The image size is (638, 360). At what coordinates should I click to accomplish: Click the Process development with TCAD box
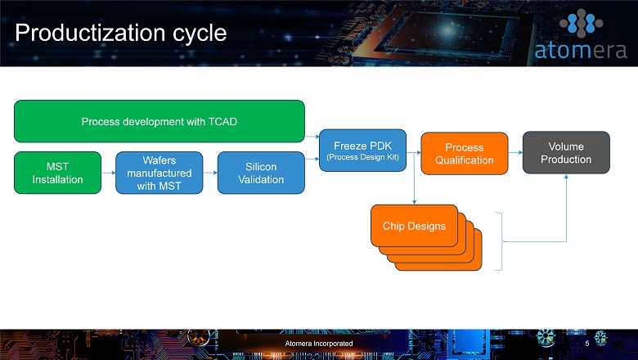click(159, 121)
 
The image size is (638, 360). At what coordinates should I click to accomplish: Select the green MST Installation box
click(57, 173)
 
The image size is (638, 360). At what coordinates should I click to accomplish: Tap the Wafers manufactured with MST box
click(159, 173)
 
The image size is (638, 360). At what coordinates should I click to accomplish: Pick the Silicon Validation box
click(261, 173)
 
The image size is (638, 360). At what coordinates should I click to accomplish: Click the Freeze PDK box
click(362, 151)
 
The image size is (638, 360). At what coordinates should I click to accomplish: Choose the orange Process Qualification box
click(465, 153)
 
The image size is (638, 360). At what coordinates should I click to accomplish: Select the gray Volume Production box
click(566, 152)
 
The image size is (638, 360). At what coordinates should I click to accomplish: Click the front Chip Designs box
click(414, 226)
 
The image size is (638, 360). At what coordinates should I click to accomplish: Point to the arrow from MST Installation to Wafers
click(108, 173)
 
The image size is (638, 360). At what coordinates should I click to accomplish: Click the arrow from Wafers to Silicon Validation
click(210, 173)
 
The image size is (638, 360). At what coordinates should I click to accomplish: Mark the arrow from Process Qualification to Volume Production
click(515, 152)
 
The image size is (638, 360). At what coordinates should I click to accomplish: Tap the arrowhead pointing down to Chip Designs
click(414, 202)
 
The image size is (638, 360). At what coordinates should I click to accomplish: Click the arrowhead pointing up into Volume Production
click(566, 177)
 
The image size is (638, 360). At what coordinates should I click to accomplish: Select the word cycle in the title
click(200, 33)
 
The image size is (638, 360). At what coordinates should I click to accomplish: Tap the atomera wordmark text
click(581, 51)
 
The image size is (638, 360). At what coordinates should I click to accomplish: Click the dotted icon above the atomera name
click(581, 23)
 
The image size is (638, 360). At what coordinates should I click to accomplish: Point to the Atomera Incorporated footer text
click(319, 344)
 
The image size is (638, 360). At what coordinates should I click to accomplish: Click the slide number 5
click(587, 344)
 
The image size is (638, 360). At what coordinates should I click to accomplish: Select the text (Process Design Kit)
click(362, 157)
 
